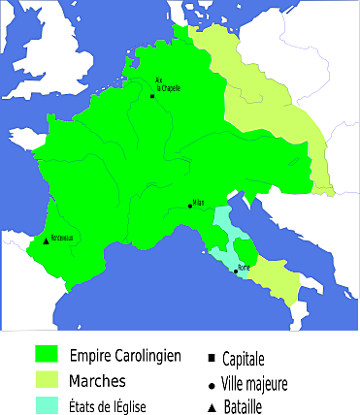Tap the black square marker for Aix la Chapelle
coord(152,96)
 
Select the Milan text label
coord(198,203)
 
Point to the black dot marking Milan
coord(190,206)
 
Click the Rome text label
coord(244,267)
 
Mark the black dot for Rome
coord(236,271)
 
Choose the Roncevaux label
coord(61,238)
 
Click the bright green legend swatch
coord(46,353)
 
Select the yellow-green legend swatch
coord(46,380)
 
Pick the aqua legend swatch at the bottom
coord(46,404)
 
